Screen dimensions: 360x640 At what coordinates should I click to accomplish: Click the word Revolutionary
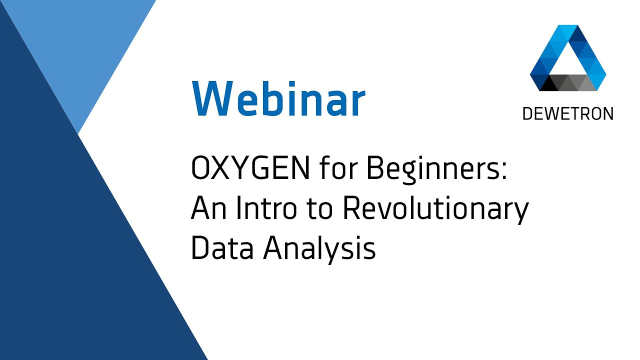click(x=435, y=210)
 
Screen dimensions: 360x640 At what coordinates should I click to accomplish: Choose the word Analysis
click(x=320, y=248)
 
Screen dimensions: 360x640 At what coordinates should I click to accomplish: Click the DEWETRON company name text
click(x=567, y=114)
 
